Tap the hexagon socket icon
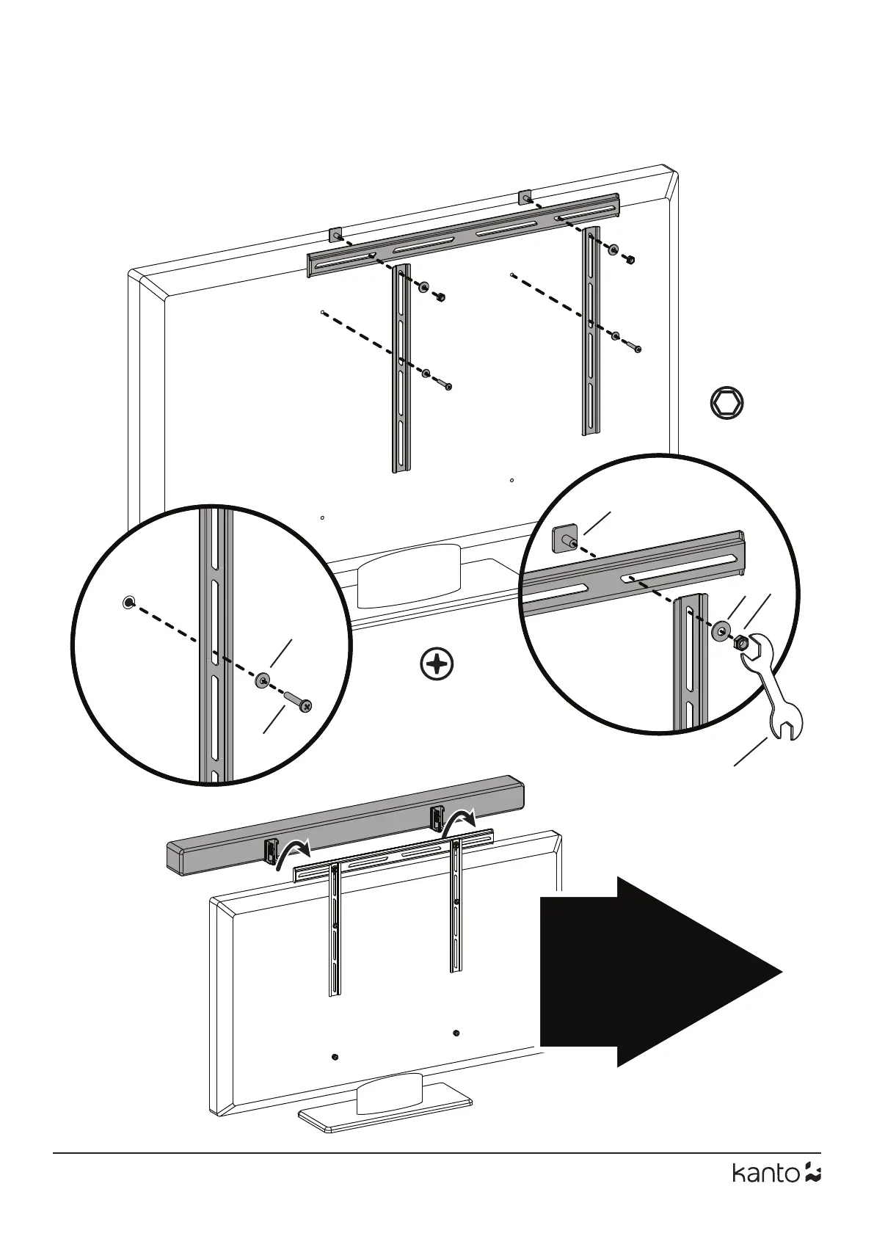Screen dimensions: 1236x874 [x=727, y=404]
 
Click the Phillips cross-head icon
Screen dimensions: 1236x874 [x=437, y=664]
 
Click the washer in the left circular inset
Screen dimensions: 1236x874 [x=262, y=680]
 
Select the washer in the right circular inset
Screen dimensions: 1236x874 [x=721, y=630]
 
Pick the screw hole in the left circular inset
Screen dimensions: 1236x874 [x=128, y=603]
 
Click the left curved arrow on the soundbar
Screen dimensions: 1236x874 [x=292, y=853]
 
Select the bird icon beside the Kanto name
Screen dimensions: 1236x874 [x=812, y=1194]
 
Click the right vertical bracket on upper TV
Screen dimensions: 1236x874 [x=591, y=330]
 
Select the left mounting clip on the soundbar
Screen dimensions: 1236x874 [x=270, y=851]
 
